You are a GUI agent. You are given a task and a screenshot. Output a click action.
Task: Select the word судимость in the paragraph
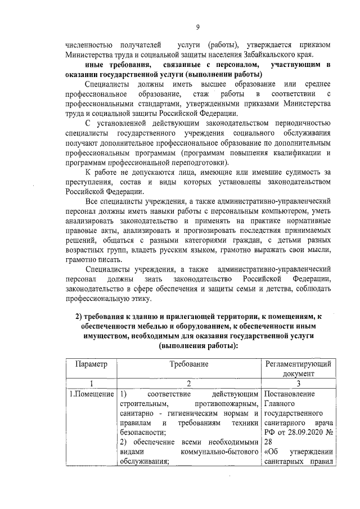(309, 172)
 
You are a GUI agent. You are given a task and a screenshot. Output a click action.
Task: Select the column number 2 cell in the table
(189, 383)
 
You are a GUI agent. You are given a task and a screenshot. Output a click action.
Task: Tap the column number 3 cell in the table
(299, 383)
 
